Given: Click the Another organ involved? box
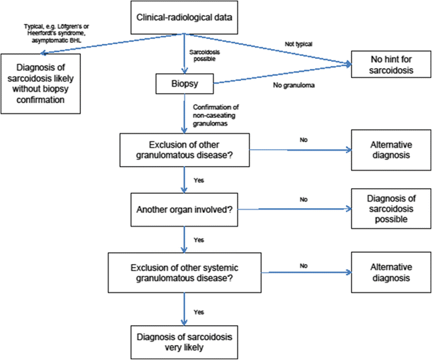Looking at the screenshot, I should coord(184,209).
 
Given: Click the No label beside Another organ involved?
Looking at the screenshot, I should coord(303,200).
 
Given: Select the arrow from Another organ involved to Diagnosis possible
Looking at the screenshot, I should coord(298,209).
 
